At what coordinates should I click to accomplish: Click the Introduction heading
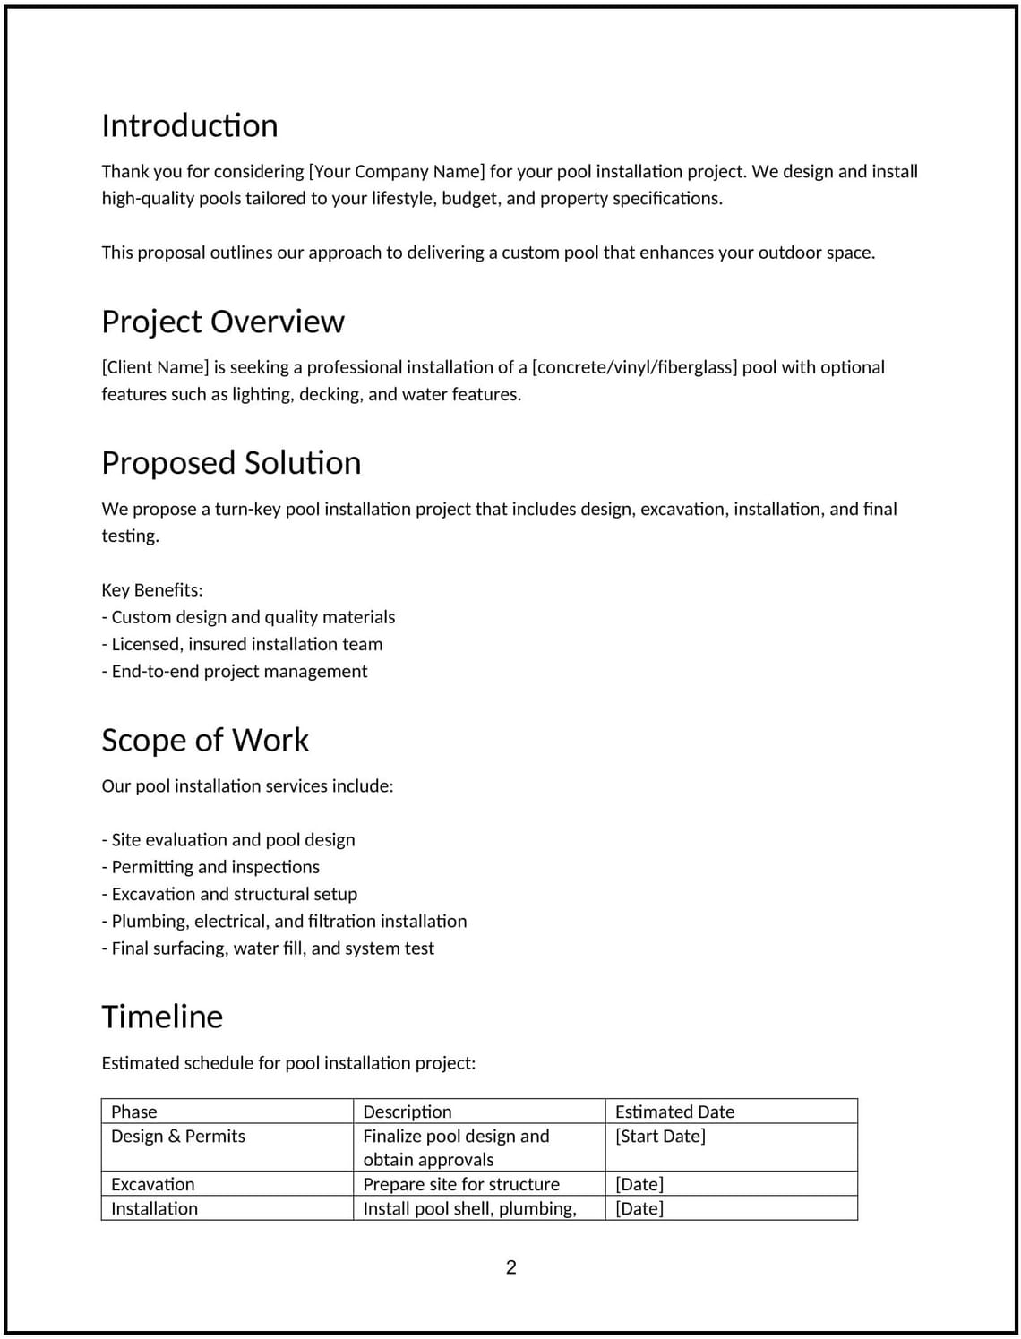(189, 125)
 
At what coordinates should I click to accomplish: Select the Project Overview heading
(222, 322)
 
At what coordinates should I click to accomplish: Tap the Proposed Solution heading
(231, 463)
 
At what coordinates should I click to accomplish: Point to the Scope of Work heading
(204, 740)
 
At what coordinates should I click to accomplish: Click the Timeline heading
(162, 1017)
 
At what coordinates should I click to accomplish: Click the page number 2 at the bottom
(510, 1266)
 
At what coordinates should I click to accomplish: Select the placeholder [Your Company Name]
(396, 171)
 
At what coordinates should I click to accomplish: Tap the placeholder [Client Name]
(155, 367)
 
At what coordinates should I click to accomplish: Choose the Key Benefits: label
(152, 590)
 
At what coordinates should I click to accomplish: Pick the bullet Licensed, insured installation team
(242, 644)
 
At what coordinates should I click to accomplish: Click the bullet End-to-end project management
(235, 671)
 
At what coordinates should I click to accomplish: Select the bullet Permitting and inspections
(210, 867)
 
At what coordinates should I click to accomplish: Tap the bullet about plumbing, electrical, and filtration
(284, 921)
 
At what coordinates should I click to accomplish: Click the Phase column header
(134, 1112)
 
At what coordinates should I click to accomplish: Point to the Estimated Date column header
(674, 1112)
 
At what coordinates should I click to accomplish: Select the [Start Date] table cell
(660, 1136)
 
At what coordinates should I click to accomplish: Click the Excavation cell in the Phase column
(152, 1184)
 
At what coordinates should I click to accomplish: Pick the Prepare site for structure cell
(460, 1184)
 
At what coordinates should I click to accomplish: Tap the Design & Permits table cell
(177, 1136)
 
